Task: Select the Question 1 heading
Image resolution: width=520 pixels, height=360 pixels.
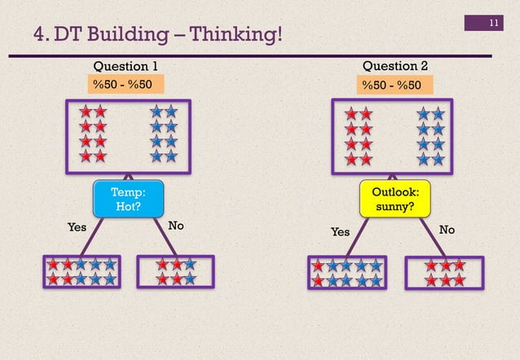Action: click(126, 66)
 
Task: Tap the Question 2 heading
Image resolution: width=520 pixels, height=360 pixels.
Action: click(394, 66)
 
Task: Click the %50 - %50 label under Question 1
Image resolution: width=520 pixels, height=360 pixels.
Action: click(125, 84)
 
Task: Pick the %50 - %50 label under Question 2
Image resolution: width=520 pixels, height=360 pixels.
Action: click(392, 84)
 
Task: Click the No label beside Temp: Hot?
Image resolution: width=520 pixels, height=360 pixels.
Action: click(175, 226)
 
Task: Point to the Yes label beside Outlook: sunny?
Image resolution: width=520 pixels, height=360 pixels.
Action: click(340, 232)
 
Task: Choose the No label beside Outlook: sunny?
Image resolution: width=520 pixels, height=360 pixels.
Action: click(447, 230)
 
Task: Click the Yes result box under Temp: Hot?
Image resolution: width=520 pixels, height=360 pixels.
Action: click(82, 272)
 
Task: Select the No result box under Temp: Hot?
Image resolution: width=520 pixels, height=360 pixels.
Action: click(176, 272)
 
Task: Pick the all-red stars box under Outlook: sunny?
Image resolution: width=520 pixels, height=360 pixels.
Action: click(444, 273)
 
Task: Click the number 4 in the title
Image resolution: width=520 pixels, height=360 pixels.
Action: click(37, 35)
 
